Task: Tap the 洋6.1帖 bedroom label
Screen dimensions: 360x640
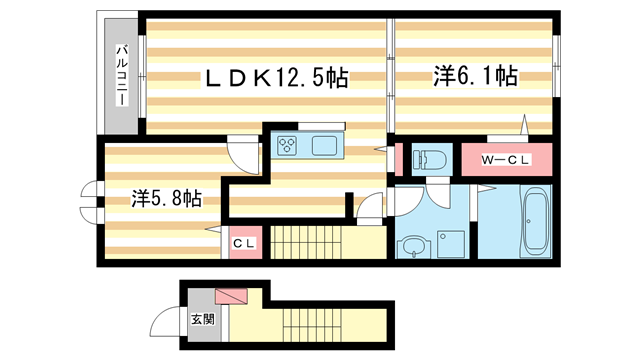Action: click(475, 76)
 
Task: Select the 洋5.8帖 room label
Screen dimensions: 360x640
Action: click(165, 198)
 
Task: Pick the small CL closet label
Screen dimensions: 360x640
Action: click(244, 243)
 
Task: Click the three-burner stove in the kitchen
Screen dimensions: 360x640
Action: click(288, 146)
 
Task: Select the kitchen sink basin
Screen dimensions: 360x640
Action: click(326, 146)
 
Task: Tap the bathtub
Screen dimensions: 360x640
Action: click(534, 223)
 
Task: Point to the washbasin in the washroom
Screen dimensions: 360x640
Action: click(413, 246)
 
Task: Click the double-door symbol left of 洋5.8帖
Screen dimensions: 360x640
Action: click(91, 201)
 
